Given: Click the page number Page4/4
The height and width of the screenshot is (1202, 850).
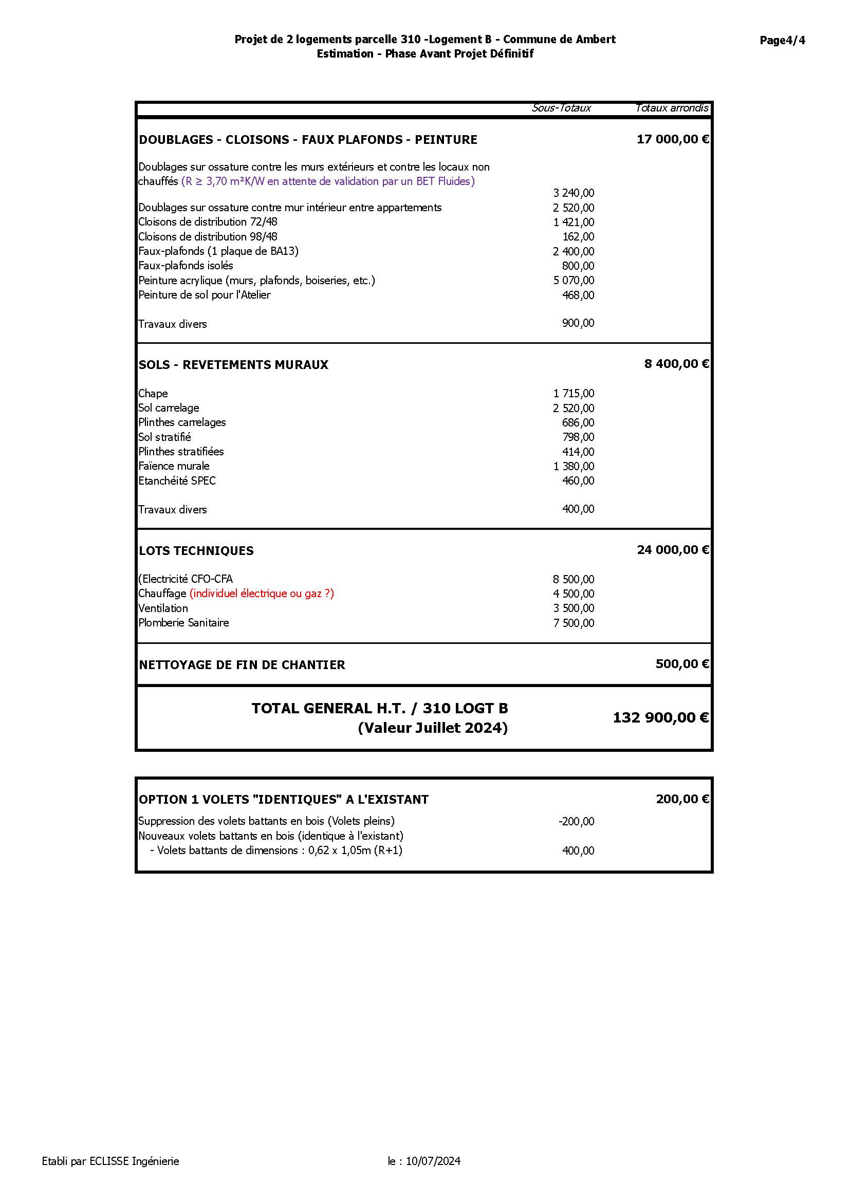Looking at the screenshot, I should point(782,40).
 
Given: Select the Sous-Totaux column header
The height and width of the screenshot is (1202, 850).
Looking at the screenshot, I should point(561,108).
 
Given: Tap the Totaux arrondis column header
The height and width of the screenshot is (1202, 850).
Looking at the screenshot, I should point(672,108).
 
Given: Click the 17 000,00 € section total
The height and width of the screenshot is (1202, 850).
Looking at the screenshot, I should point(673,139).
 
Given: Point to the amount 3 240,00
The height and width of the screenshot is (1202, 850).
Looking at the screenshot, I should point(573,193).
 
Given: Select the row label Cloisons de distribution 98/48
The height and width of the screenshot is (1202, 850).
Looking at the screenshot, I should point(208,236).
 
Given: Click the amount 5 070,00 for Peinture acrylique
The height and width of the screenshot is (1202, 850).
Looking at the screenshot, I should point(573,281).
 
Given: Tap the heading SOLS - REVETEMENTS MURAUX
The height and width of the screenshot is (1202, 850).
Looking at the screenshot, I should point(233,365).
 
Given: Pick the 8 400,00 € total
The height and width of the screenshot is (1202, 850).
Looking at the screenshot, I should point(676,364).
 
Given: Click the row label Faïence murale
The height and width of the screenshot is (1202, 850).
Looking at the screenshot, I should point(174,466).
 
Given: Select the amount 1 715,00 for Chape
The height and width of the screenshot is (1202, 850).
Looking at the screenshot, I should point(573,393).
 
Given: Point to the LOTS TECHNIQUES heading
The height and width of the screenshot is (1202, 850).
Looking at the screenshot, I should point(196,551).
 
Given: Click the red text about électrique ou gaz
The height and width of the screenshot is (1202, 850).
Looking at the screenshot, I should point(262,594).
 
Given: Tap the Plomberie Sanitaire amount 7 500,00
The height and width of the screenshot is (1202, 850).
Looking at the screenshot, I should point(573,623).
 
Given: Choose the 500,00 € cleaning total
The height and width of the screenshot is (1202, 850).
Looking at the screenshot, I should point(682,664).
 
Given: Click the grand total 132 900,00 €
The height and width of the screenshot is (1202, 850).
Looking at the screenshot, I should point(660,718).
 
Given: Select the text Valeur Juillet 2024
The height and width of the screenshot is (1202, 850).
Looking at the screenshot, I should point(433,728).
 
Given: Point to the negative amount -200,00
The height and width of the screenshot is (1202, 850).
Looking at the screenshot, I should point(576,821).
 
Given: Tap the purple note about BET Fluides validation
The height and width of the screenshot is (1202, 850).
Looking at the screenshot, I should point(328,181).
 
